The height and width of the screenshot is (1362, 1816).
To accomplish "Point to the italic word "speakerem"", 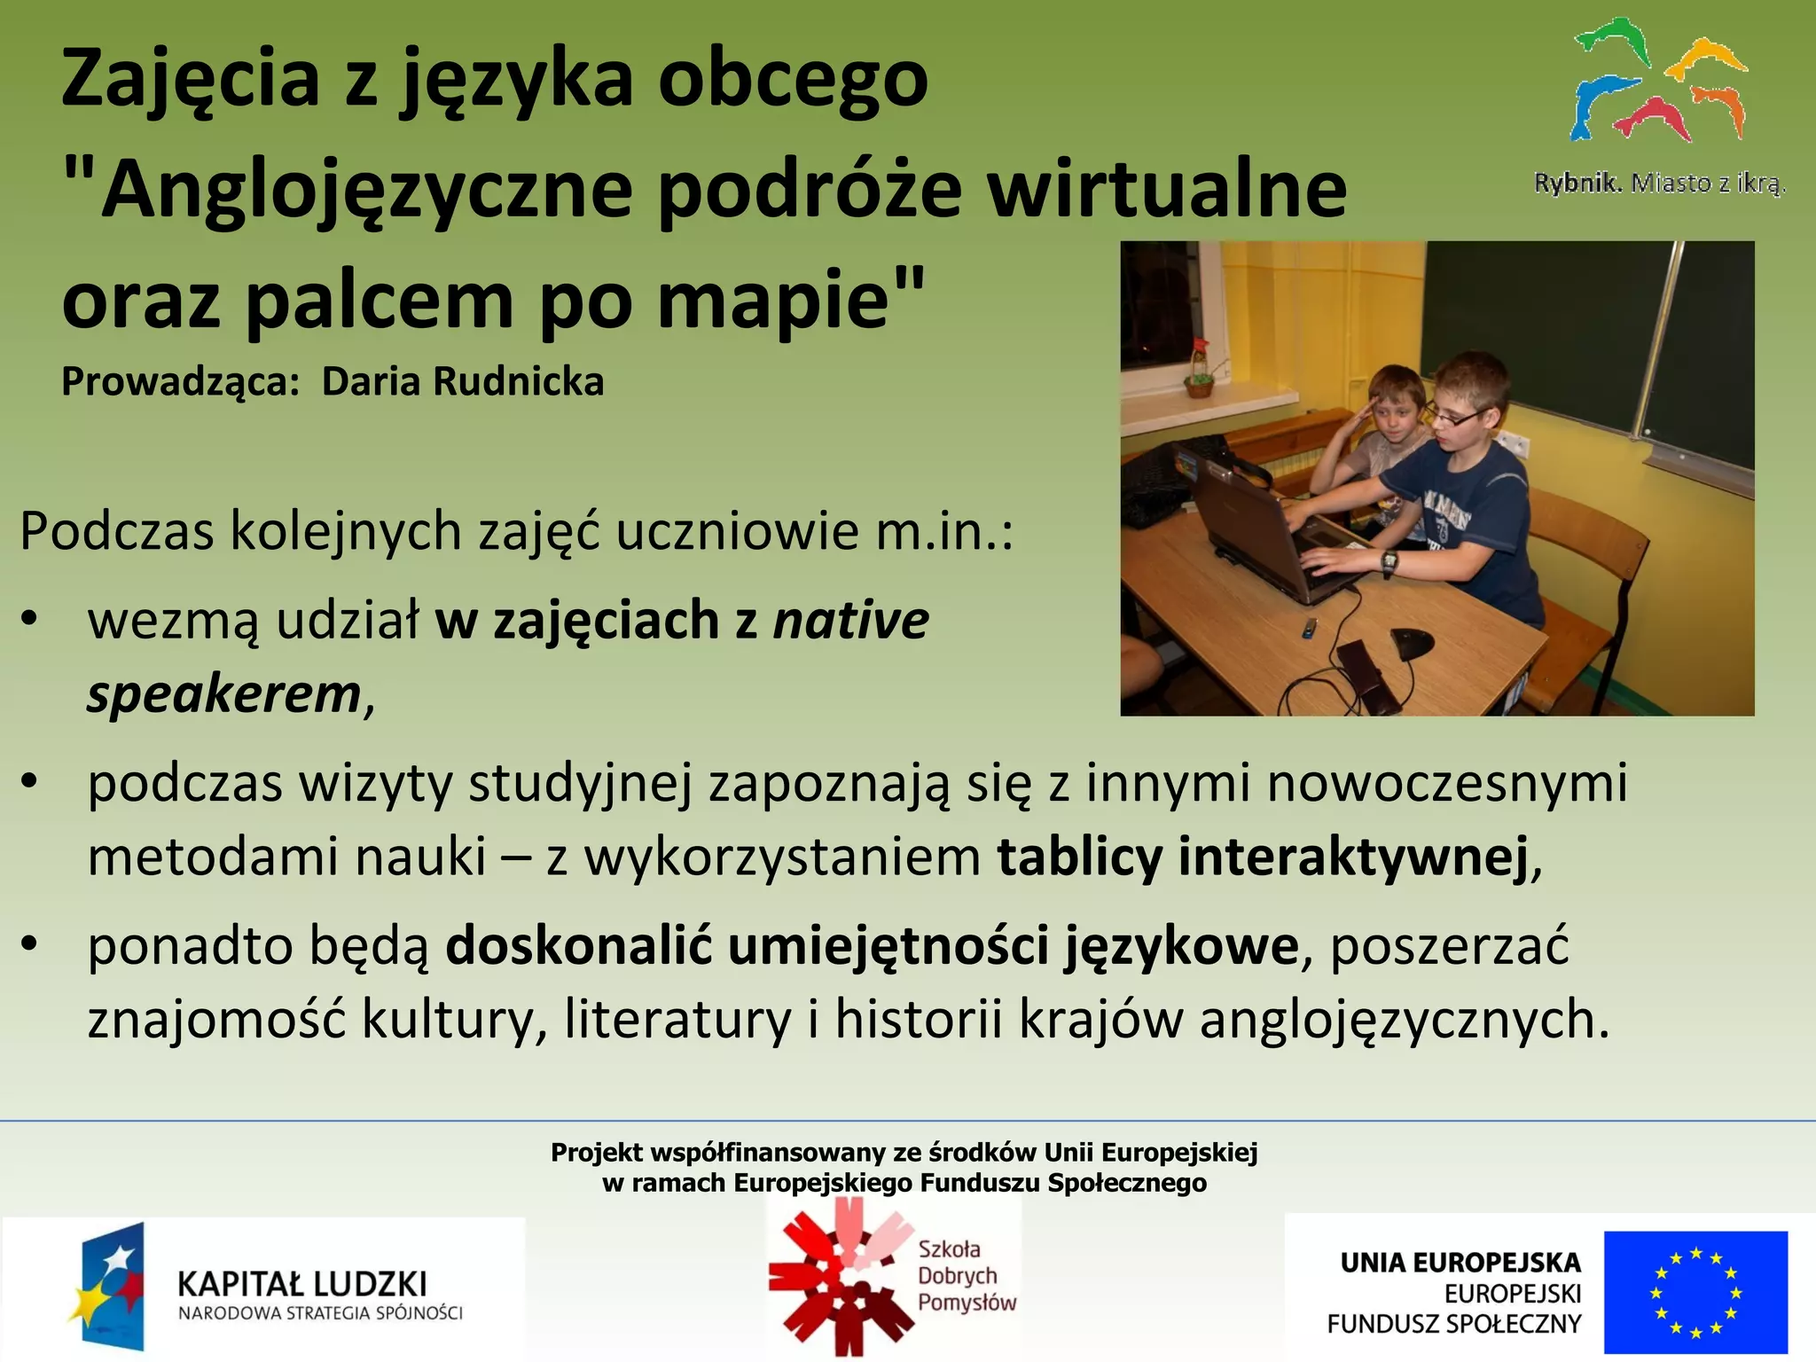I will pyautogui.click(x=224, y=694).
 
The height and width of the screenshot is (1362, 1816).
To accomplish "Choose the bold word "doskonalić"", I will pyautogui.click(x=578, y=945).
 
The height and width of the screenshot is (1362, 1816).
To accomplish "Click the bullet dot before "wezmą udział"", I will pyautogui.click(x=29, y=620).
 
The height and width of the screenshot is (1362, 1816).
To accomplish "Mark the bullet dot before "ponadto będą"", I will pyautogui.click(x=29, y=945).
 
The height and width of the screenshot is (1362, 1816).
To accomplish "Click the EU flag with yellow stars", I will pyautogui.click(x=1695, y=1292).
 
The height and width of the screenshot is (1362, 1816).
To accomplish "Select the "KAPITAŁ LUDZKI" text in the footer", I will pyautogui.click(x=302, y=1283).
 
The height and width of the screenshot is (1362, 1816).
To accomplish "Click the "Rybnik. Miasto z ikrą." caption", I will pyautogui.click(x=1659, y=184).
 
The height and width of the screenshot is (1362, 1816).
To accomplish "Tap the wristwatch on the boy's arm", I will pyautogui.click(x=1389, y=560).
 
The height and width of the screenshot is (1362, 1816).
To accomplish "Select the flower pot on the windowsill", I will pyautogui.click(x=1199, y=384).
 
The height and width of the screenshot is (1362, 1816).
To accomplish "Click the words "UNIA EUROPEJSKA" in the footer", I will pyautogui.click(x=1460, y=1263).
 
